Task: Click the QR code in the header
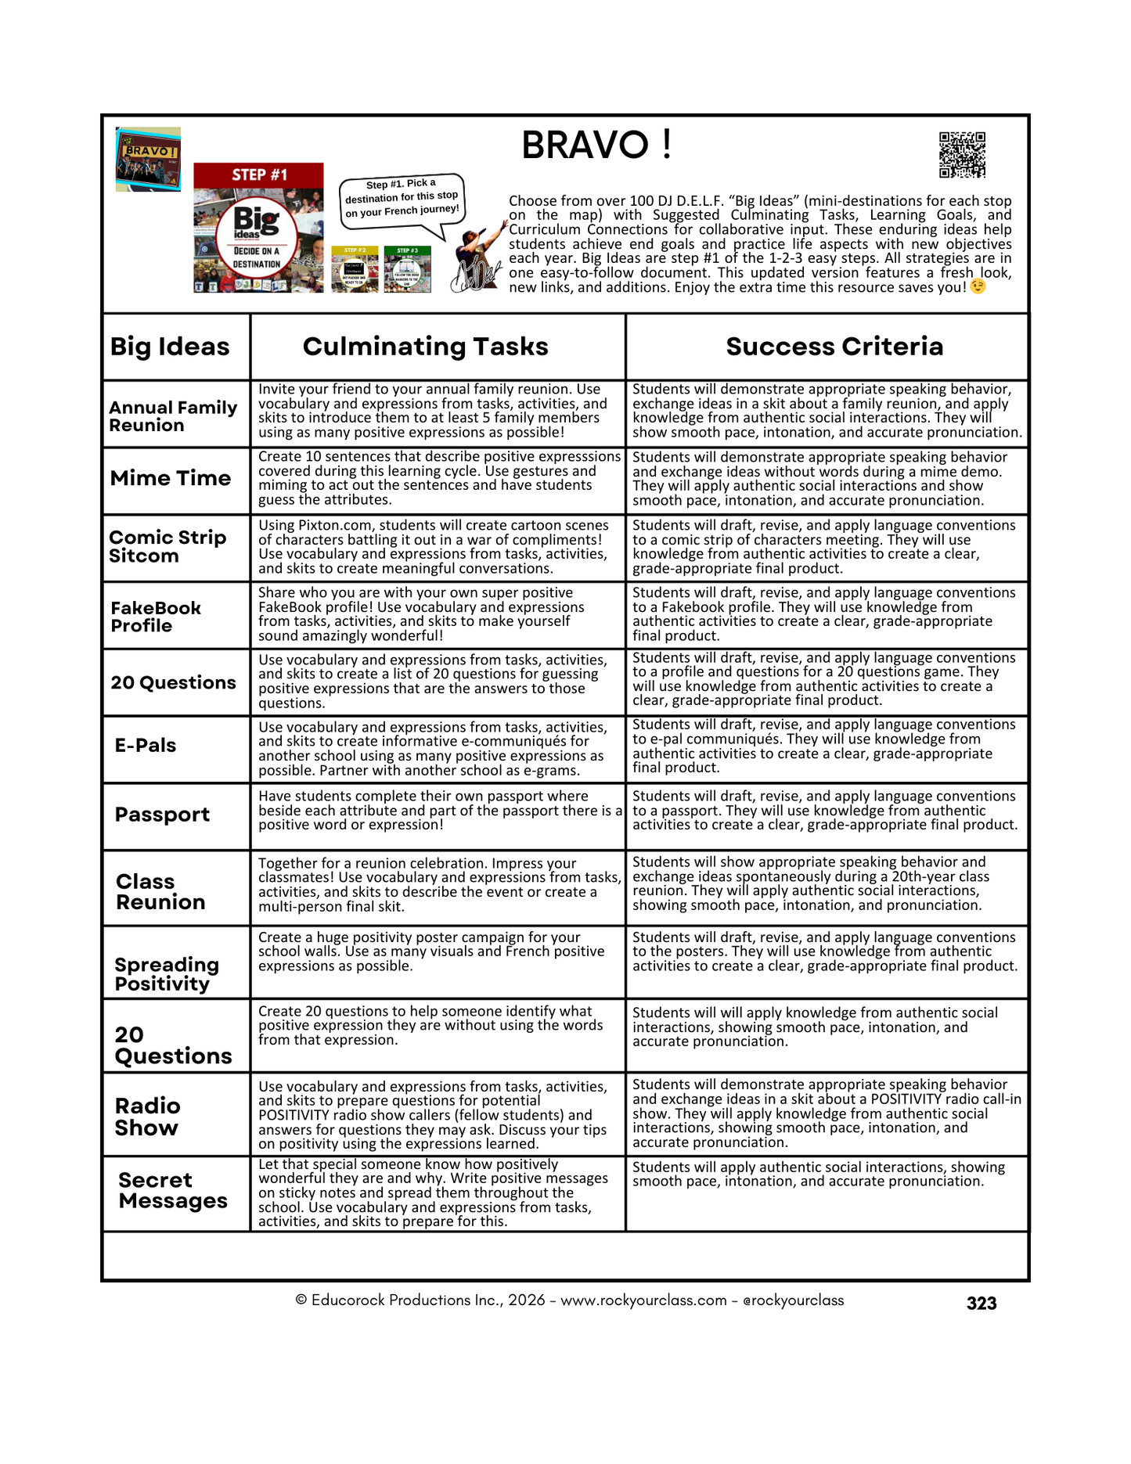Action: click(962, 155)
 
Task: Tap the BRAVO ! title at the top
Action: click(596, 145)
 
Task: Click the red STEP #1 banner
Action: click(258, 174)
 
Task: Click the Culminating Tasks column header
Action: click(425, 347)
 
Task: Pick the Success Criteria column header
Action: click(834, 347)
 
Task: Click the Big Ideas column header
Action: click(170, 347)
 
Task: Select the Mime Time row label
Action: click(171, 478)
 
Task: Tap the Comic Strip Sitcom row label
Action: click(167, 546)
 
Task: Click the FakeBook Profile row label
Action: click(156, 617)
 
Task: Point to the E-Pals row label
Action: click(146, 746)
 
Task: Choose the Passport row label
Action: click(162, 815)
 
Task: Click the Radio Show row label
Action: click(147, 1117)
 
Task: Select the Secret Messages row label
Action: click(173, 1190)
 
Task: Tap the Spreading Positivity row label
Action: click(167, 973)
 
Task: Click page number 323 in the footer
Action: click(981, 1303)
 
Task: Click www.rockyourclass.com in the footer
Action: click(643, 1300)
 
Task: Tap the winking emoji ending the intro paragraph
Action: click(978, 287)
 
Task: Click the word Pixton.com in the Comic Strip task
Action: click(330, 525)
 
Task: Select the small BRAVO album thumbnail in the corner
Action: click(148, 159)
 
